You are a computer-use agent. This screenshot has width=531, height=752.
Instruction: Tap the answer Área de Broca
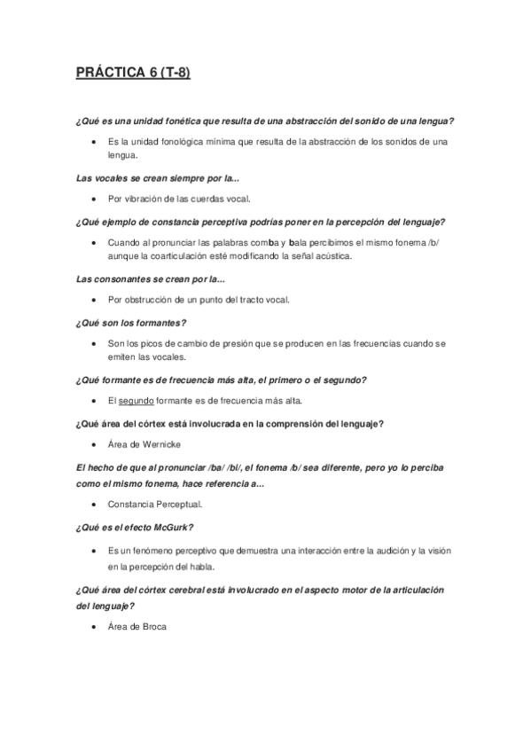(137, 627)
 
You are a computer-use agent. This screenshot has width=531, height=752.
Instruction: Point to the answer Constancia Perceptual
(154, 504)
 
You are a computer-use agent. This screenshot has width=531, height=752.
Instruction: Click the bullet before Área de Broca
(95, 627)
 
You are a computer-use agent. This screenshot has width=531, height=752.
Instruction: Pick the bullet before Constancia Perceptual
(95, 504)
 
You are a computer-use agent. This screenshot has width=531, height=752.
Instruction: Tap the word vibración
(141, 200)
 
